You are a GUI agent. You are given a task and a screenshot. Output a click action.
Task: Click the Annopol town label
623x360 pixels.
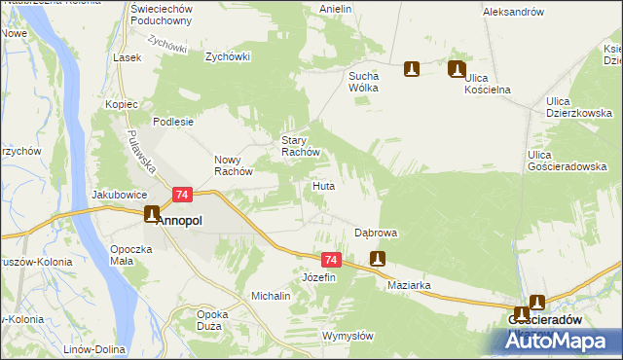tap(180, 221)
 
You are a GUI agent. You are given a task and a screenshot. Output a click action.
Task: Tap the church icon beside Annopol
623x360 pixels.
tap(152, 214)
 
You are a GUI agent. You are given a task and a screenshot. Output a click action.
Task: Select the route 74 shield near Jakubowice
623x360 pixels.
tap(182, 196)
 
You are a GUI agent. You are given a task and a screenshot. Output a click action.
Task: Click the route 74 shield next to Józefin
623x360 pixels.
tap(331, 260)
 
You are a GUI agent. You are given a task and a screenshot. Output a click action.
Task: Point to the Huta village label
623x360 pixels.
tap(324, 185)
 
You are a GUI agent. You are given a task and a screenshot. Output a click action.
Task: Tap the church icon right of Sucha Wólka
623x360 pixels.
tap(412, 70)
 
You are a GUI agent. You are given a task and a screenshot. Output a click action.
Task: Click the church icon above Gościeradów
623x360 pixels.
tap(536, 303)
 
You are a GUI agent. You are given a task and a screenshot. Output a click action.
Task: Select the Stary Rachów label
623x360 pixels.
tap(301, 146)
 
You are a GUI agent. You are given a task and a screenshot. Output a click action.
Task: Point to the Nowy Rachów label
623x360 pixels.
tap(234, 165)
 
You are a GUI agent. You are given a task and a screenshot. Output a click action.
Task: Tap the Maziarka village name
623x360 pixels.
tap(409, 286)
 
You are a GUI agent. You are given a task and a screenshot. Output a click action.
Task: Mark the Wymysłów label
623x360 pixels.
tap(348, 336)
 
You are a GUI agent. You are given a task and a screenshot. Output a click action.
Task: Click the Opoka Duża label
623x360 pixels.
tap(212, 320)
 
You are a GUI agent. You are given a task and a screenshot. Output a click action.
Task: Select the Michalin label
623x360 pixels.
tap(271, 295)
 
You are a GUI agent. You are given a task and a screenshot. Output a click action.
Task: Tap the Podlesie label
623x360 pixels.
tap(175, 123)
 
